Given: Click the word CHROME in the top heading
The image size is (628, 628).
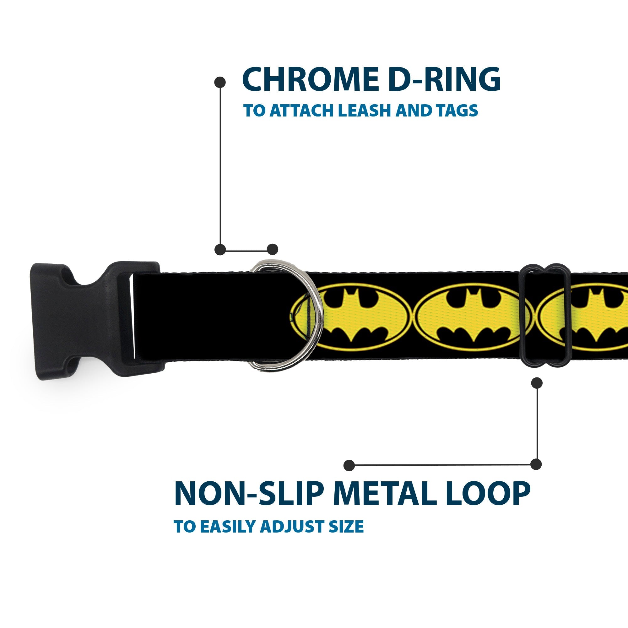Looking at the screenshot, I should click(x=310, y=80).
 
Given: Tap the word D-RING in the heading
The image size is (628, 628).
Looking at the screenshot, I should click(x=443, y=80).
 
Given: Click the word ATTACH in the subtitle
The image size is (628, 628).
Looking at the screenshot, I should click(x=302, y=111).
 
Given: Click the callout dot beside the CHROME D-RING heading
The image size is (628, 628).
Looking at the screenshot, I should click(x=220, y=82).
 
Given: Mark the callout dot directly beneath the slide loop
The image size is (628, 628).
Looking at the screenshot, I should click(x=537, y=383).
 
